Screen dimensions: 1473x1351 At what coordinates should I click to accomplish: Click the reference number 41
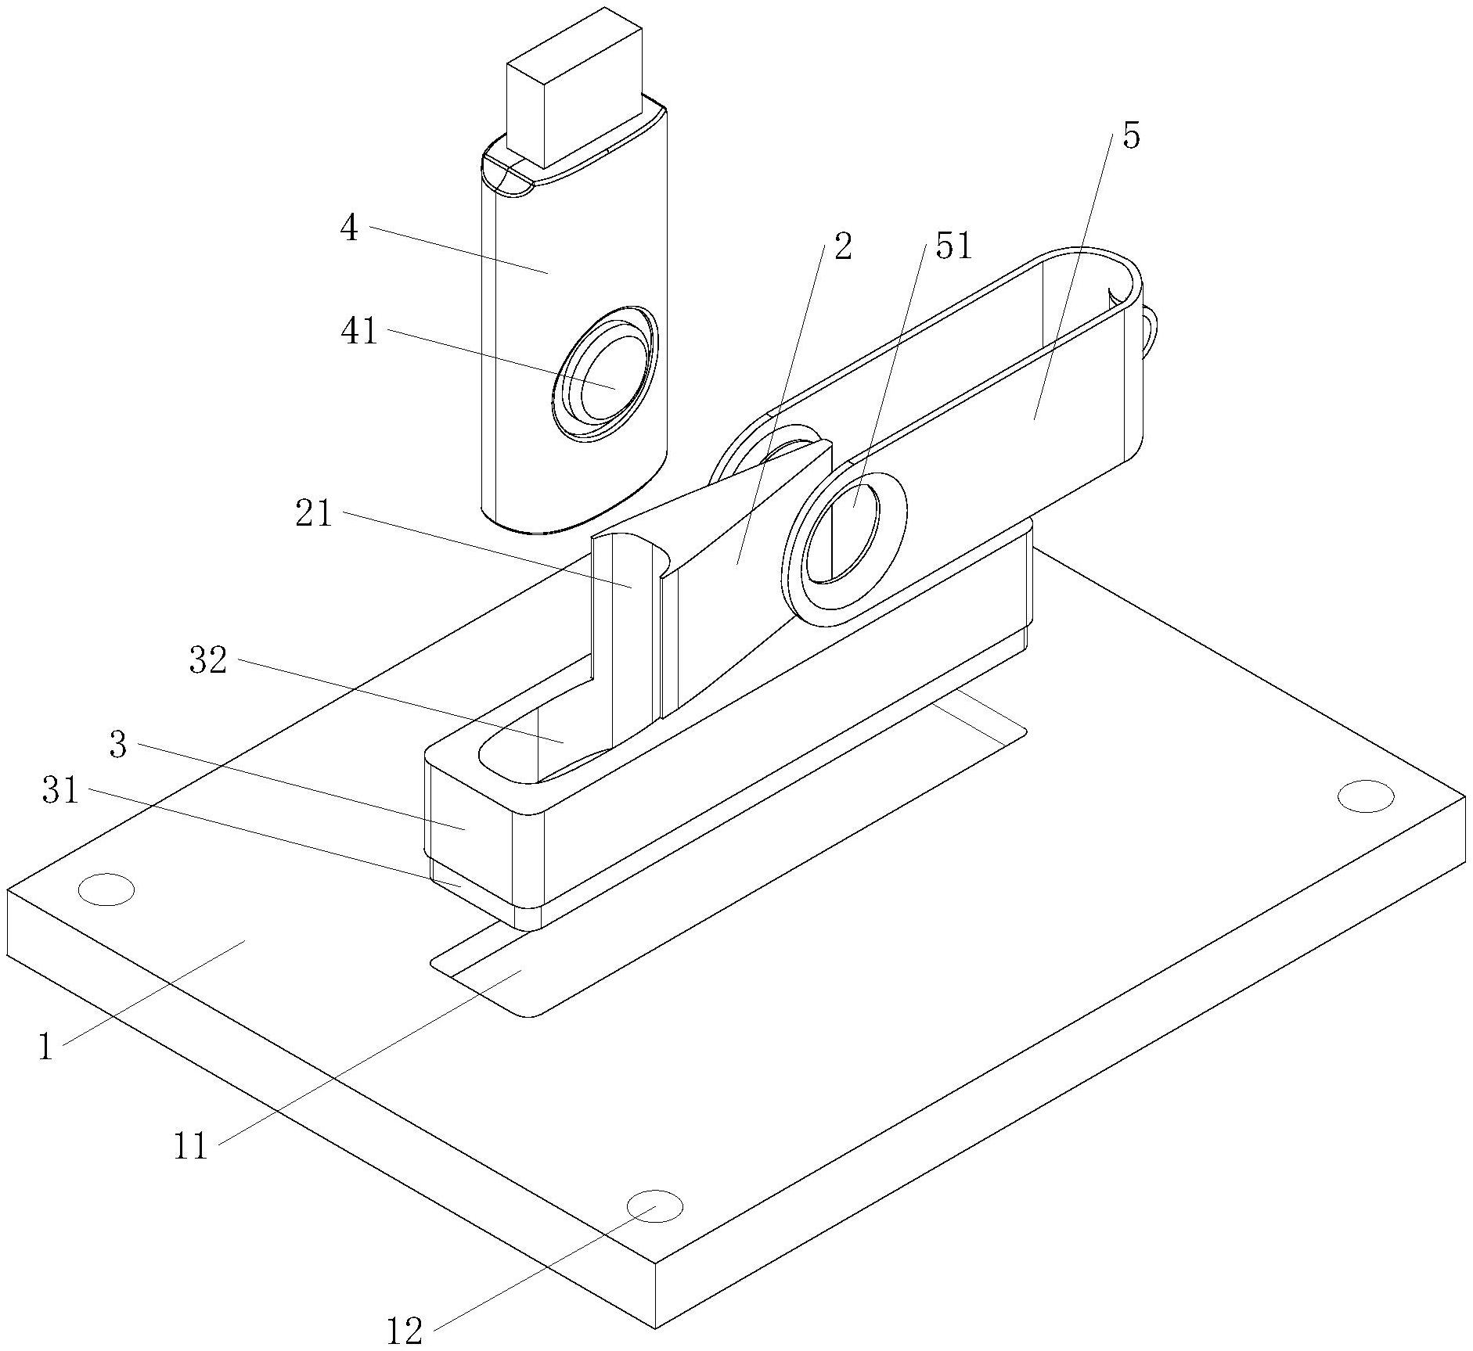(x=359, y=332)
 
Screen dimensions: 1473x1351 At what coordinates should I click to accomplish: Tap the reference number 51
(x=953, y=246)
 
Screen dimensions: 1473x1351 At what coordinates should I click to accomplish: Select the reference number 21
(x=314, y=515)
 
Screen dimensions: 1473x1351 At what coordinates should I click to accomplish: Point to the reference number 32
(x=208, y=661)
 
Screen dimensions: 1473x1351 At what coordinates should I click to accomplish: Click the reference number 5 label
(x=1131, y=137)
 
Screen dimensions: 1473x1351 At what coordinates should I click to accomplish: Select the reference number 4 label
(x=349, y=228)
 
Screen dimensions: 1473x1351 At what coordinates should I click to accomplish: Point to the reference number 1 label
(x=46, y=1047)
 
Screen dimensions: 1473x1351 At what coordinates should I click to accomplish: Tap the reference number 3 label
(x=118, y=746)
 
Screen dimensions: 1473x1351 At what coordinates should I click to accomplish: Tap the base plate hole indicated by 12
(x=655, y=1205)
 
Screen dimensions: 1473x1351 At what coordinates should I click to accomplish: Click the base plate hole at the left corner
(x=106, y=889)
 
